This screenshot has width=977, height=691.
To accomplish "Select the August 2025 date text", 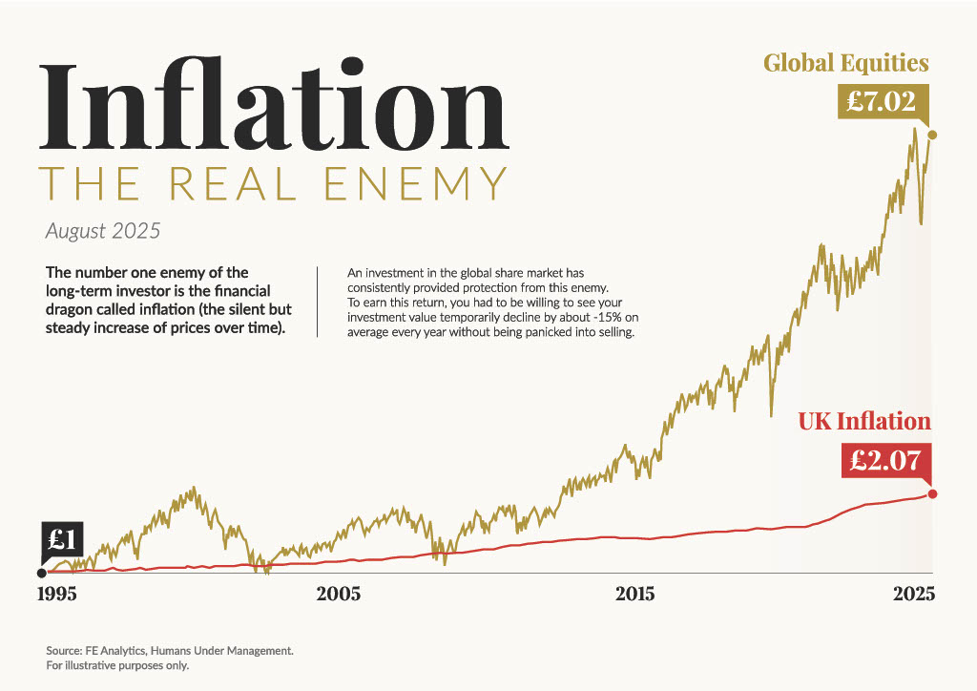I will tap(103, 231).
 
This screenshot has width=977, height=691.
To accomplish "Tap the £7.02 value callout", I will tap(882, 101).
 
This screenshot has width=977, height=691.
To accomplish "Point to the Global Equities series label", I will tap(845, 63).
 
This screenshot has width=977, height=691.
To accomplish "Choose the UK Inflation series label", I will tap(863, 421).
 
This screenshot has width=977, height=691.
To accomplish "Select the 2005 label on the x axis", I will tap(339, 594).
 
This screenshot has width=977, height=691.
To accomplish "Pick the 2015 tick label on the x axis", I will tap(634, 594).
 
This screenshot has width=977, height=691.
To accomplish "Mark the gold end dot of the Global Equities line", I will tap(932, 136).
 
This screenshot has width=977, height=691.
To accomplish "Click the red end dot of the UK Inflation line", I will tap(932, 493).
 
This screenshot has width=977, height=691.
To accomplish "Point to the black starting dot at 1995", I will tap(41, 573).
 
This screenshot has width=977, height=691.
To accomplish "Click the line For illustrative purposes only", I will tap(117, 665).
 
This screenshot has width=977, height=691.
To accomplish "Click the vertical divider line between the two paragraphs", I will tap(317, 302).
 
